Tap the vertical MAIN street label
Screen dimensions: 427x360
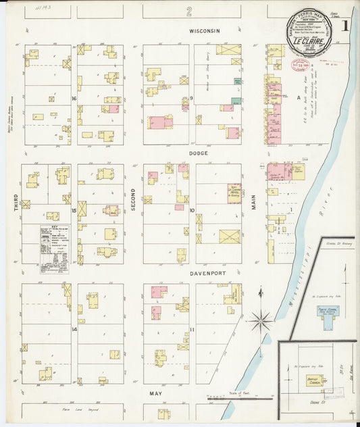[254, 198]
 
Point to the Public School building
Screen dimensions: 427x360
[328, 315]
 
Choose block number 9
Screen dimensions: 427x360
[192, 99]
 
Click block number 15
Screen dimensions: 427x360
[72, 211]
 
